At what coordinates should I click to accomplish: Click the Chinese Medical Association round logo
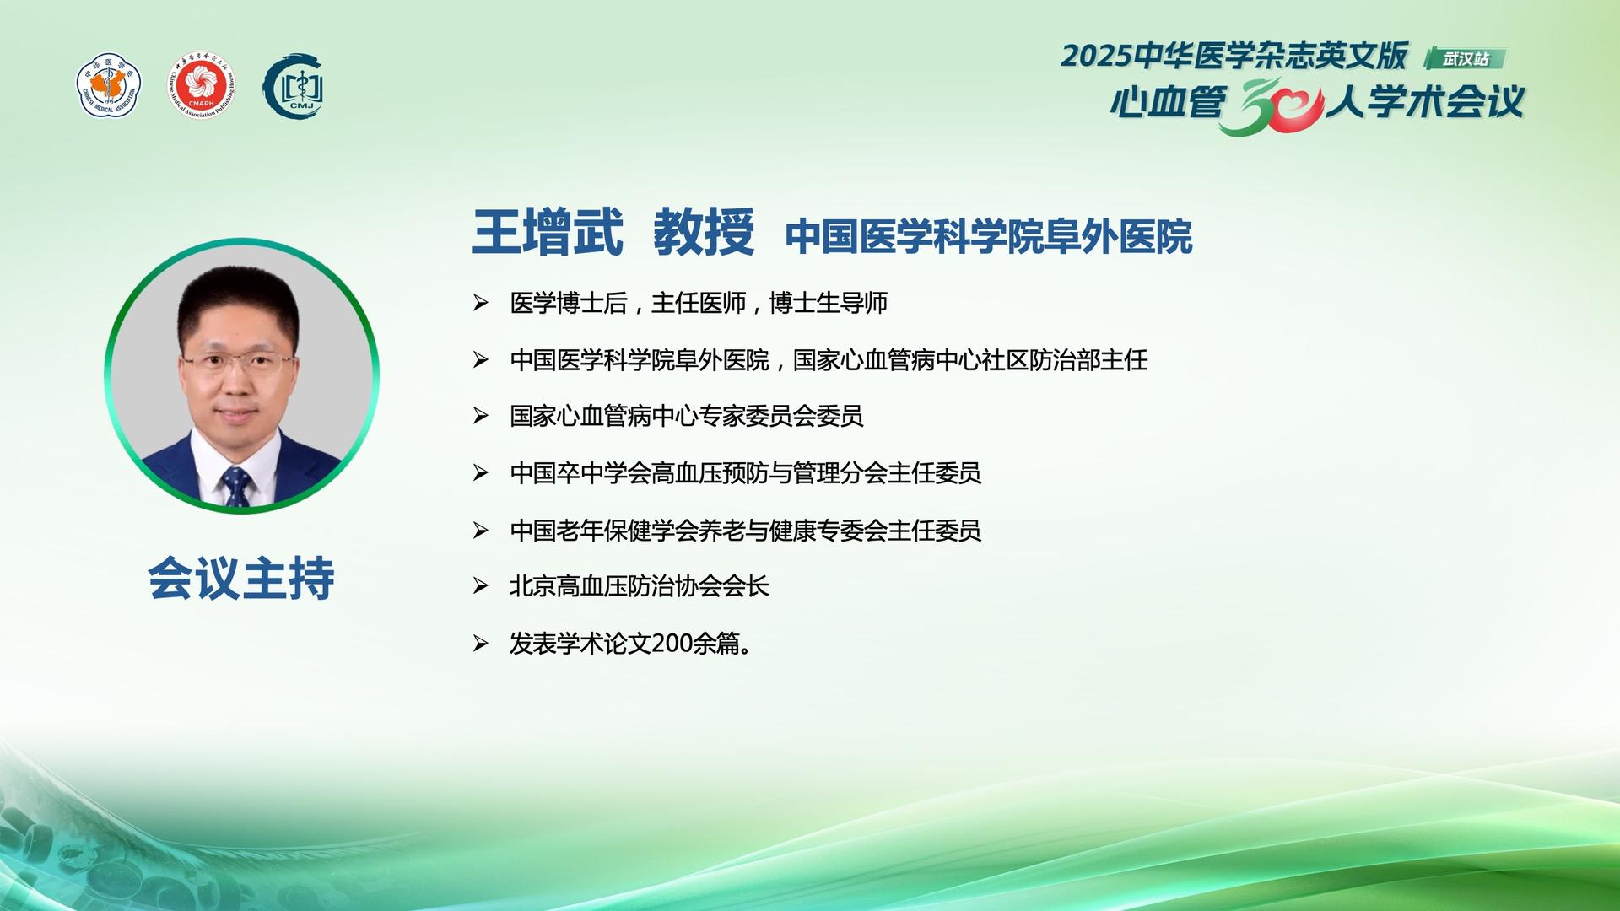tap(109, 85)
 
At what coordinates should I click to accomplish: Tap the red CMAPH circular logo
tap(201, 85)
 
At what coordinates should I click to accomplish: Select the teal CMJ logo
tap(294, 86)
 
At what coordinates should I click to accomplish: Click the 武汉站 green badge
tap(1465, 58)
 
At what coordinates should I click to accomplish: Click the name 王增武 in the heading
tap(548, 231)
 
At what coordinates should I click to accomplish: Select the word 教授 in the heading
tap(704, 231)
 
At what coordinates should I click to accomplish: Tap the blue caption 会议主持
tap(241, 578)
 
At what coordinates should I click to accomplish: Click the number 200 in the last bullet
tap(672, 644)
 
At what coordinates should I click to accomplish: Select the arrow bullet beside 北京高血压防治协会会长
tap(481, 585)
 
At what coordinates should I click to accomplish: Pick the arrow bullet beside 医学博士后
tap(481, 302)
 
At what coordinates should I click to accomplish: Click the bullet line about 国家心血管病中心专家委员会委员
tap(687, 416)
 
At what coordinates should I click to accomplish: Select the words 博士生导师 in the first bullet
tap(829, 303)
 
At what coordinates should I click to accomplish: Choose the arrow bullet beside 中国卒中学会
tap(481, 472)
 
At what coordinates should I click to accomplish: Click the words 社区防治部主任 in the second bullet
tap(1065, 360)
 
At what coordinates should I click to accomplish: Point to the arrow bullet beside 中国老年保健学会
tap(481, 530)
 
